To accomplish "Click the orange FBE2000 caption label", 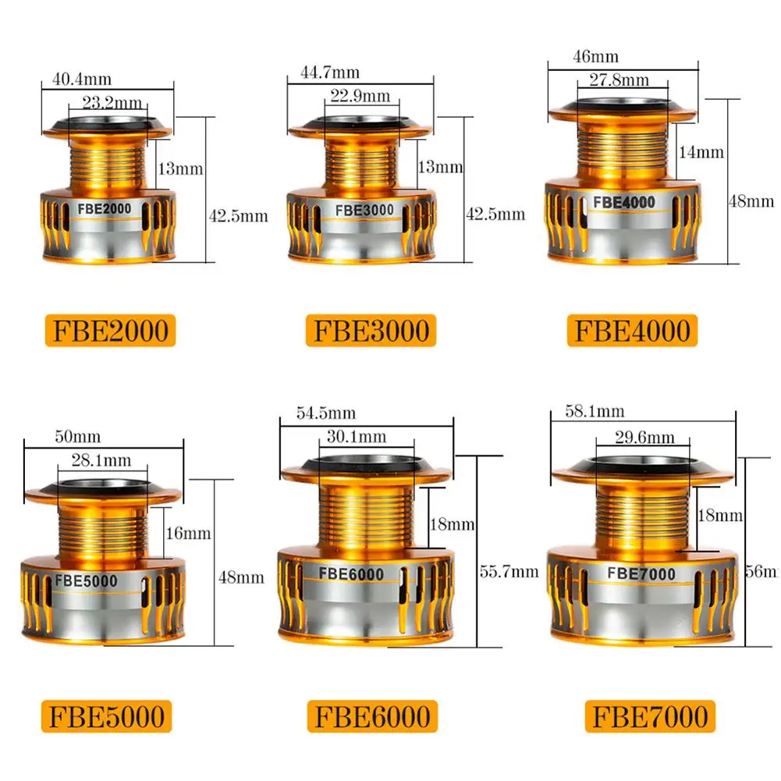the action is pos(111,330).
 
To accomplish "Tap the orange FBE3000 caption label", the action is pos(371,330).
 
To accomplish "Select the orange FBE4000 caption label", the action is pos(633,330).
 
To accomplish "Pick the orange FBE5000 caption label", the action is pos(108,715).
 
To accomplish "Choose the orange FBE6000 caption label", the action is pos(372,715).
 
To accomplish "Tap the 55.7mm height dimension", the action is pos(509,571).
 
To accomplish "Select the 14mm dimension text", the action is pos(701,152).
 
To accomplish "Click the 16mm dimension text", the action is pos(188,534).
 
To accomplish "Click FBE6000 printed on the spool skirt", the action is pos(350,574).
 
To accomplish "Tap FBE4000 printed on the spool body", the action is pos(623,201).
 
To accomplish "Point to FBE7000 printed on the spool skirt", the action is pos(641,574).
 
